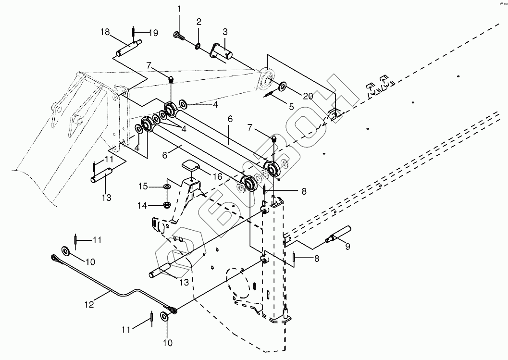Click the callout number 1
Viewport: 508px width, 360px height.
tap(179, 9)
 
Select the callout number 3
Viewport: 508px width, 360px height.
tap(225, 32)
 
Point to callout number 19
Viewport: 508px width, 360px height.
tap(153, 33)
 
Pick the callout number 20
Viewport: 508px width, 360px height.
tap(308, 96)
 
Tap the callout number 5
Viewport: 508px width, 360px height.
tap(291, 106)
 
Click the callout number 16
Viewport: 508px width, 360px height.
tap(218, 176)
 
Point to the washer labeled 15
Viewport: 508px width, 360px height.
tap(167, 186)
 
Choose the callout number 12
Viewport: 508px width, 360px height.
tap(89, 304)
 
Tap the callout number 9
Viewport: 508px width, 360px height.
tap(347, 247)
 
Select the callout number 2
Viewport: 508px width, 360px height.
tap(199, 22)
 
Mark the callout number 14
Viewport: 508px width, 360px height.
tap(143, 205)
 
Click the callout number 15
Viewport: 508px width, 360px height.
tap(143, 186)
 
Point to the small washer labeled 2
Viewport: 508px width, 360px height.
tap(198, 47)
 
